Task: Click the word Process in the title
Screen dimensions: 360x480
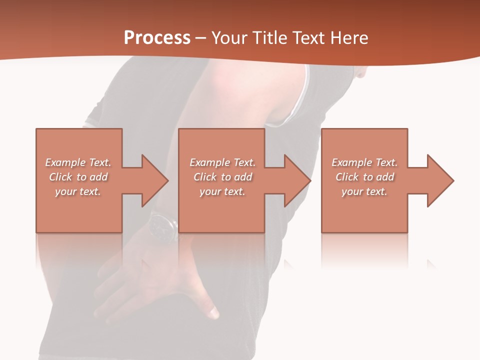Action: point(157,38)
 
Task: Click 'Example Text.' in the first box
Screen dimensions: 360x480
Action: point(78,162)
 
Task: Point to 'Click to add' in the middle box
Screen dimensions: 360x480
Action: point(222,177)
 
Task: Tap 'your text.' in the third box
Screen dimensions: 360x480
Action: point(364,191)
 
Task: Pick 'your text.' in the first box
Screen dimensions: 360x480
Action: point(78,191)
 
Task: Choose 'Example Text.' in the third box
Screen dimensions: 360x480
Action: point(364,162)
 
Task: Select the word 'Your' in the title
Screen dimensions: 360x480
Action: point(229,38)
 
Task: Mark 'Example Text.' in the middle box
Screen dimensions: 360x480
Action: point(222,162)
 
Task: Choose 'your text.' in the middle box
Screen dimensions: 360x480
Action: point(222,191)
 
